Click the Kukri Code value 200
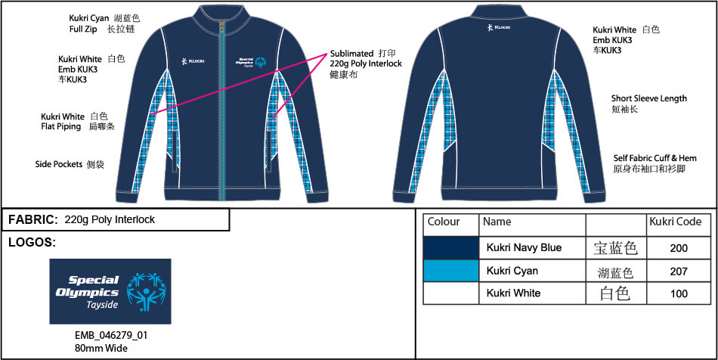[x=679, y=248]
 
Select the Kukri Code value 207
[x=679, y=271]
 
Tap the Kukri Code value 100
[x=679, y=293]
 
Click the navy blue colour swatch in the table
[x=451, y=247]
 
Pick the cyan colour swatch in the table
[x=451, y=270]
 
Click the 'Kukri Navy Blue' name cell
[x=524, y=248]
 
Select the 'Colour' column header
[x=444, y=222]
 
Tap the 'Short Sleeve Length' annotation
[x=649, y=98]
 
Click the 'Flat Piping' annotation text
[x=62, y=127]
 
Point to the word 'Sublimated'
[x=351, y=54]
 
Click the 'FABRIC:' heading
[x=32, y=220]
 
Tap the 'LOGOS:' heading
[x=32, y=243]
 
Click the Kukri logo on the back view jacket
[x=499, y=27]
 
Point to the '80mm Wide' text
[x=101, y=349]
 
